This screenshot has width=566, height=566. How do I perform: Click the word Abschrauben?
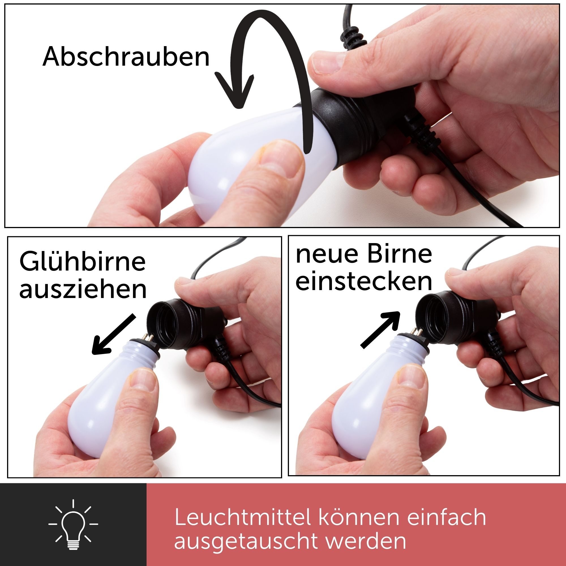tap(126, 56)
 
